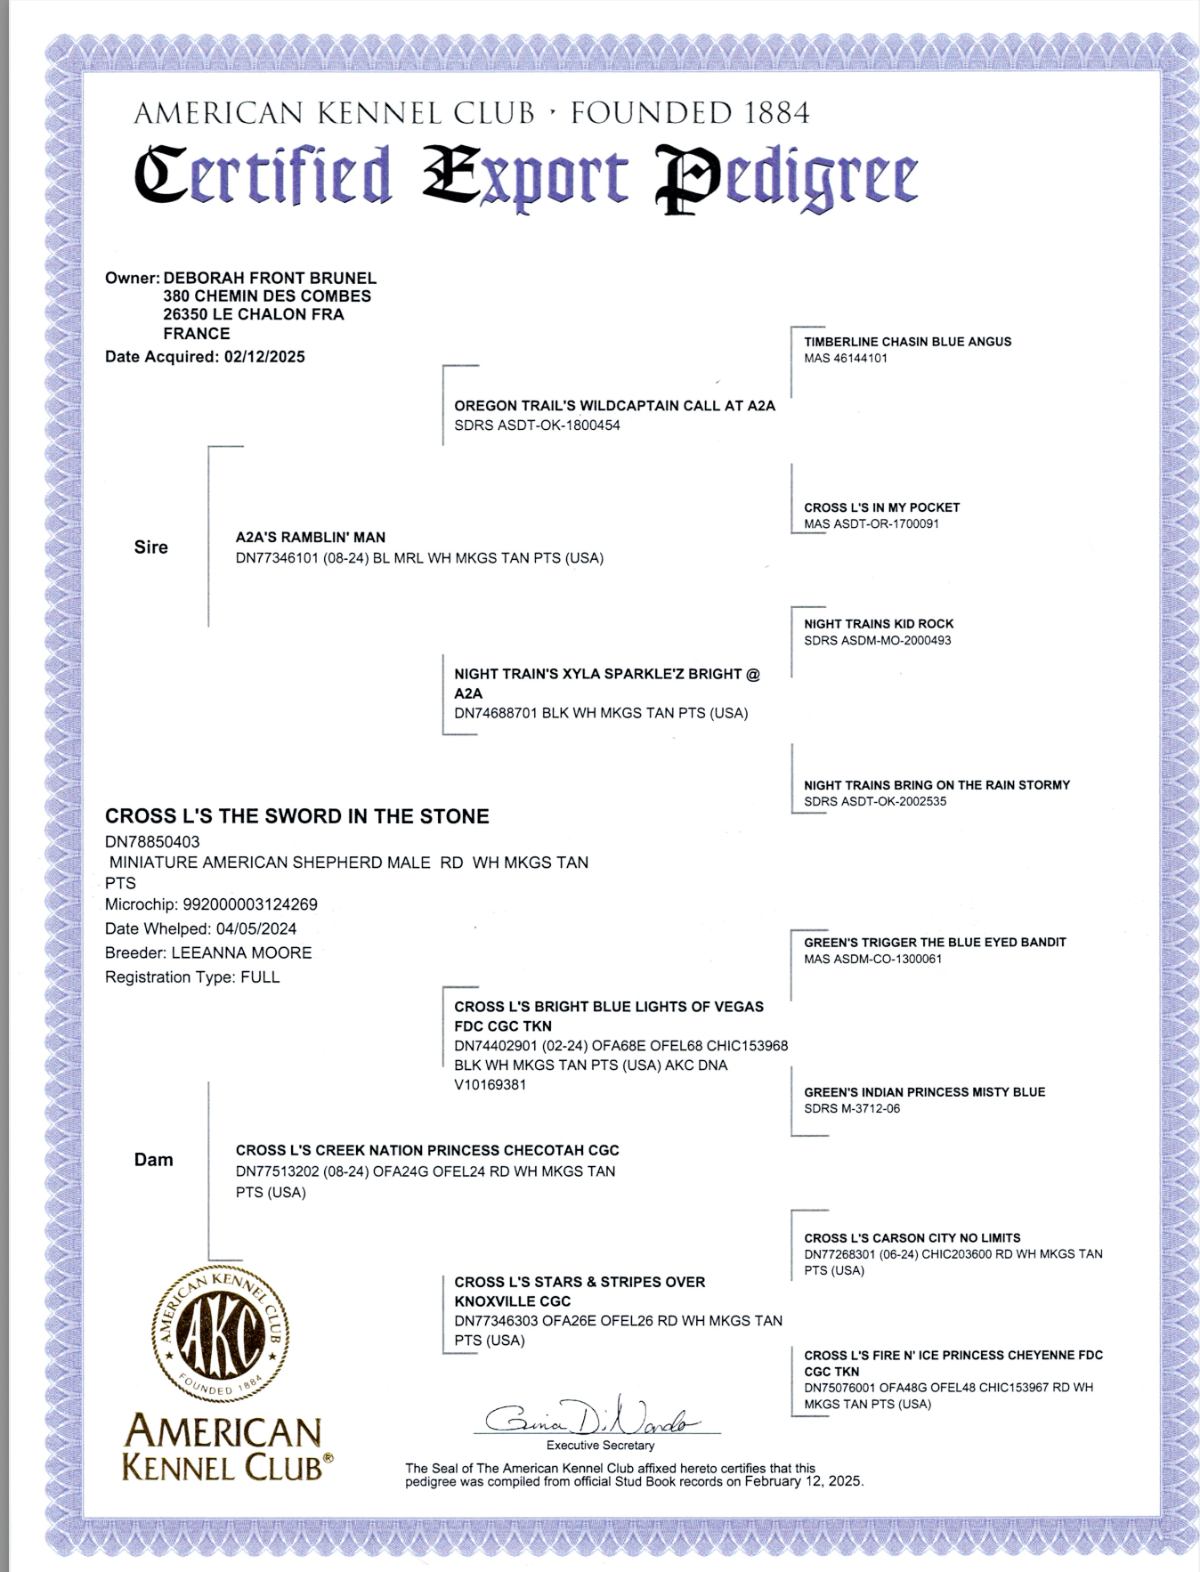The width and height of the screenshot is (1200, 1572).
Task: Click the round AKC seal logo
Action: tap(220, 1333)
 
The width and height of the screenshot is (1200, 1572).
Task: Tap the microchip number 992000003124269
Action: tap(250, 904)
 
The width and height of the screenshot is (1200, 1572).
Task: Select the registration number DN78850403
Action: tap(152, 841)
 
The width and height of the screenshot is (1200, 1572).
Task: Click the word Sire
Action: tap(150, 547)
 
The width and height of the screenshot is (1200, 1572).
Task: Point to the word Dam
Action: tap(153, 1160)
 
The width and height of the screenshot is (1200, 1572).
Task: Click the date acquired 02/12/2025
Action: tap(264, 357)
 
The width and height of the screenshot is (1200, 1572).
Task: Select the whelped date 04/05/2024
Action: tap(256, 928)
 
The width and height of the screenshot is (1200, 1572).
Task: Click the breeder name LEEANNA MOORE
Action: tap(241, 952)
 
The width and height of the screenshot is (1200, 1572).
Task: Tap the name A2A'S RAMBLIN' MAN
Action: tap(311, 538)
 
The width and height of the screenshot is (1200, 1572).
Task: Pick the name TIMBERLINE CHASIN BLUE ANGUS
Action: tap(907, 342)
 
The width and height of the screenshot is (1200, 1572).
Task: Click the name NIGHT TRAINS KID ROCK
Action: tap(879, 624)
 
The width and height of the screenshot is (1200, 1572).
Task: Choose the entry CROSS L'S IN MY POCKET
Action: tap(881, 507)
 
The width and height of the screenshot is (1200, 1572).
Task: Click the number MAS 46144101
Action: tap(846, 359)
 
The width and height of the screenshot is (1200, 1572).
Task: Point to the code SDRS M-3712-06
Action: tap(852, 1108)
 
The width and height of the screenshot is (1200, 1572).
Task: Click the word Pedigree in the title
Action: tap(786, 176)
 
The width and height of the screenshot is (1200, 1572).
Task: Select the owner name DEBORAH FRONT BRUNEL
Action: tap(270, 279)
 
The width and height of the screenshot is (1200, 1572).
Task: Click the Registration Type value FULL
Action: tap(260, 977)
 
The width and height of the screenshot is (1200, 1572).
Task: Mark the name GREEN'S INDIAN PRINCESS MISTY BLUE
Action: tap(924, 1092)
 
